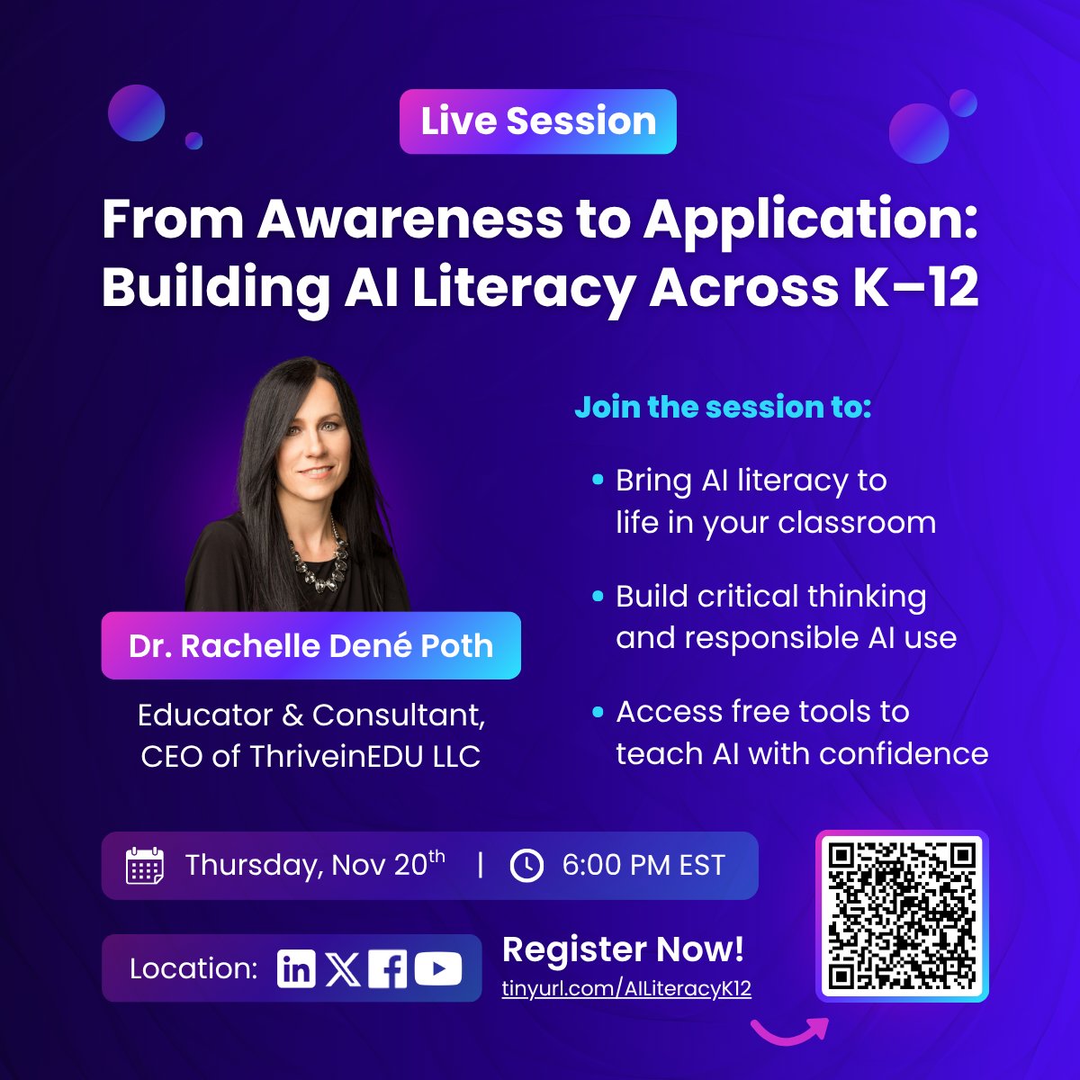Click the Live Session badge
coord(537,121)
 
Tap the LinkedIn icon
coord(296,968)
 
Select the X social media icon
coord(342,968)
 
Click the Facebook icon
coord(388,968)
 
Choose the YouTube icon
coord(438,968)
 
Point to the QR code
coord(902,915)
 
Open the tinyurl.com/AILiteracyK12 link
coord(626,988)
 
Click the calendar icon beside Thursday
coord(145,866)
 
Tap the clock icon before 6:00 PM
coord(526,866)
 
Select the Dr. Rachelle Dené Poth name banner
coord(310,645)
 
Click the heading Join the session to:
coord(723,407)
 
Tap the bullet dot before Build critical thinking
coord(598,597)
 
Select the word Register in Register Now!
coord(574,949)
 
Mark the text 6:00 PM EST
coord(643,866)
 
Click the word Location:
coord(193,968)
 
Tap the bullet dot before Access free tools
coord(598,712)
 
